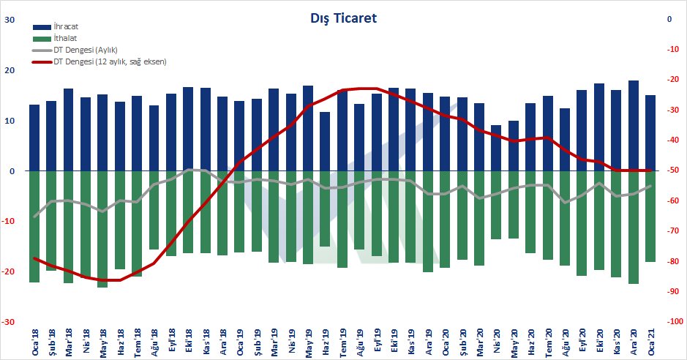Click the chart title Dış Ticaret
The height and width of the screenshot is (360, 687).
coord(343,18)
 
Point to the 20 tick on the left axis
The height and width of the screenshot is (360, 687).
coord(11,70)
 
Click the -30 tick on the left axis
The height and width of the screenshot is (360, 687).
coord(10,321)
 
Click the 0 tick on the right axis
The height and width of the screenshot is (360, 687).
coord(669,20)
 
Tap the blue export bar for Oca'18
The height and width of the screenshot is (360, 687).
coord(34,138)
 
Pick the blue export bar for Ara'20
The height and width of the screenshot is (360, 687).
coord(633,126)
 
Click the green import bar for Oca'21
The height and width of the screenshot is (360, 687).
coord(650,216)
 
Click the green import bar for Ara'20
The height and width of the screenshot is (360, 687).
coord(633,227)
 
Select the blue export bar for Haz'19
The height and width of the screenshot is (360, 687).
coord(325,141)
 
